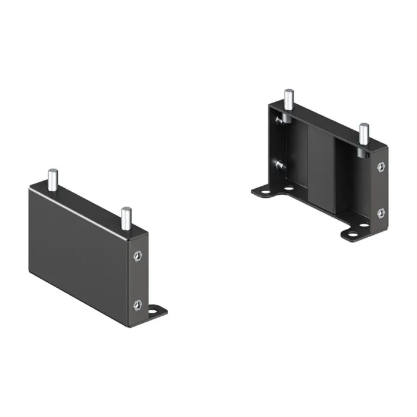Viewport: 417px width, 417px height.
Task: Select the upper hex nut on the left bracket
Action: [137, 257]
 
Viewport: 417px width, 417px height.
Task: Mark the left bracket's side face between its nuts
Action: [138, 280]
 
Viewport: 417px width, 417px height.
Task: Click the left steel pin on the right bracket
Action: [288, 99]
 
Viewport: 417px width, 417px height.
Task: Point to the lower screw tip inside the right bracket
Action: [279, 163]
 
